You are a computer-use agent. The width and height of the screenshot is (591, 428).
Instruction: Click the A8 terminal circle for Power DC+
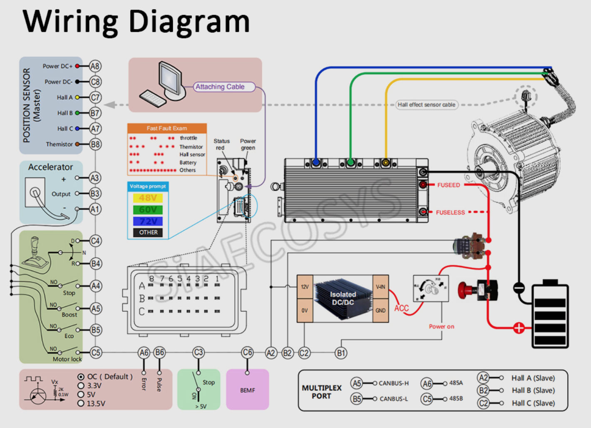point(95,66)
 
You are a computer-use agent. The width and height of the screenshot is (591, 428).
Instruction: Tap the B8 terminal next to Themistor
point(95,144)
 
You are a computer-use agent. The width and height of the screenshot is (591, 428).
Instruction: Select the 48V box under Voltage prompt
point(148,198)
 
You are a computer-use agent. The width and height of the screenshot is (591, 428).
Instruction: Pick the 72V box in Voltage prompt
point(148,221)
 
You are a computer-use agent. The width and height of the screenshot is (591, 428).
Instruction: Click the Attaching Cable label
point(220,87)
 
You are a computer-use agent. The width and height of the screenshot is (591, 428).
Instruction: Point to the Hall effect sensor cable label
point(426,105)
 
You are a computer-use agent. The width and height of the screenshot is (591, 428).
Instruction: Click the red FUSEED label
point(448,185)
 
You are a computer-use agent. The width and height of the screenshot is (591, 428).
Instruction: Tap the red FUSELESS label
point(450,212)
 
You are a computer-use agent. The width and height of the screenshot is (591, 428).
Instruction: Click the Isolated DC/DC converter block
point(343,299)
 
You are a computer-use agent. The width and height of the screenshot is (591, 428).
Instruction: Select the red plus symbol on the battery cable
point(519,328)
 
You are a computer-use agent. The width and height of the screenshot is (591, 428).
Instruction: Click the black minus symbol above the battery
point(519,287)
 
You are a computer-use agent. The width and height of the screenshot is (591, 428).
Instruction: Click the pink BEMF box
point(248,390)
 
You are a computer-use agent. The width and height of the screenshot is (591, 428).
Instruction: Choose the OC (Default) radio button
point(81,377)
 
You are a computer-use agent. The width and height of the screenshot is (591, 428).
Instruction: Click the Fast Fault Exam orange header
point(167,128)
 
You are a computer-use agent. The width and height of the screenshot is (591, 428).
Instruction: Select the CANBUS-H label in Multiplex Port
point(393,383)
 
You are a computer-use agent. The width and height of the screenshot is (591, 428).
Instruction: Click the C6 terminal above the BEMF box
point(247,353)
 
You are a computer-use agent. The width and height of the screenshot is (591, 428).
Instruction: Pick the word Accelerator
point(50,167)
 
